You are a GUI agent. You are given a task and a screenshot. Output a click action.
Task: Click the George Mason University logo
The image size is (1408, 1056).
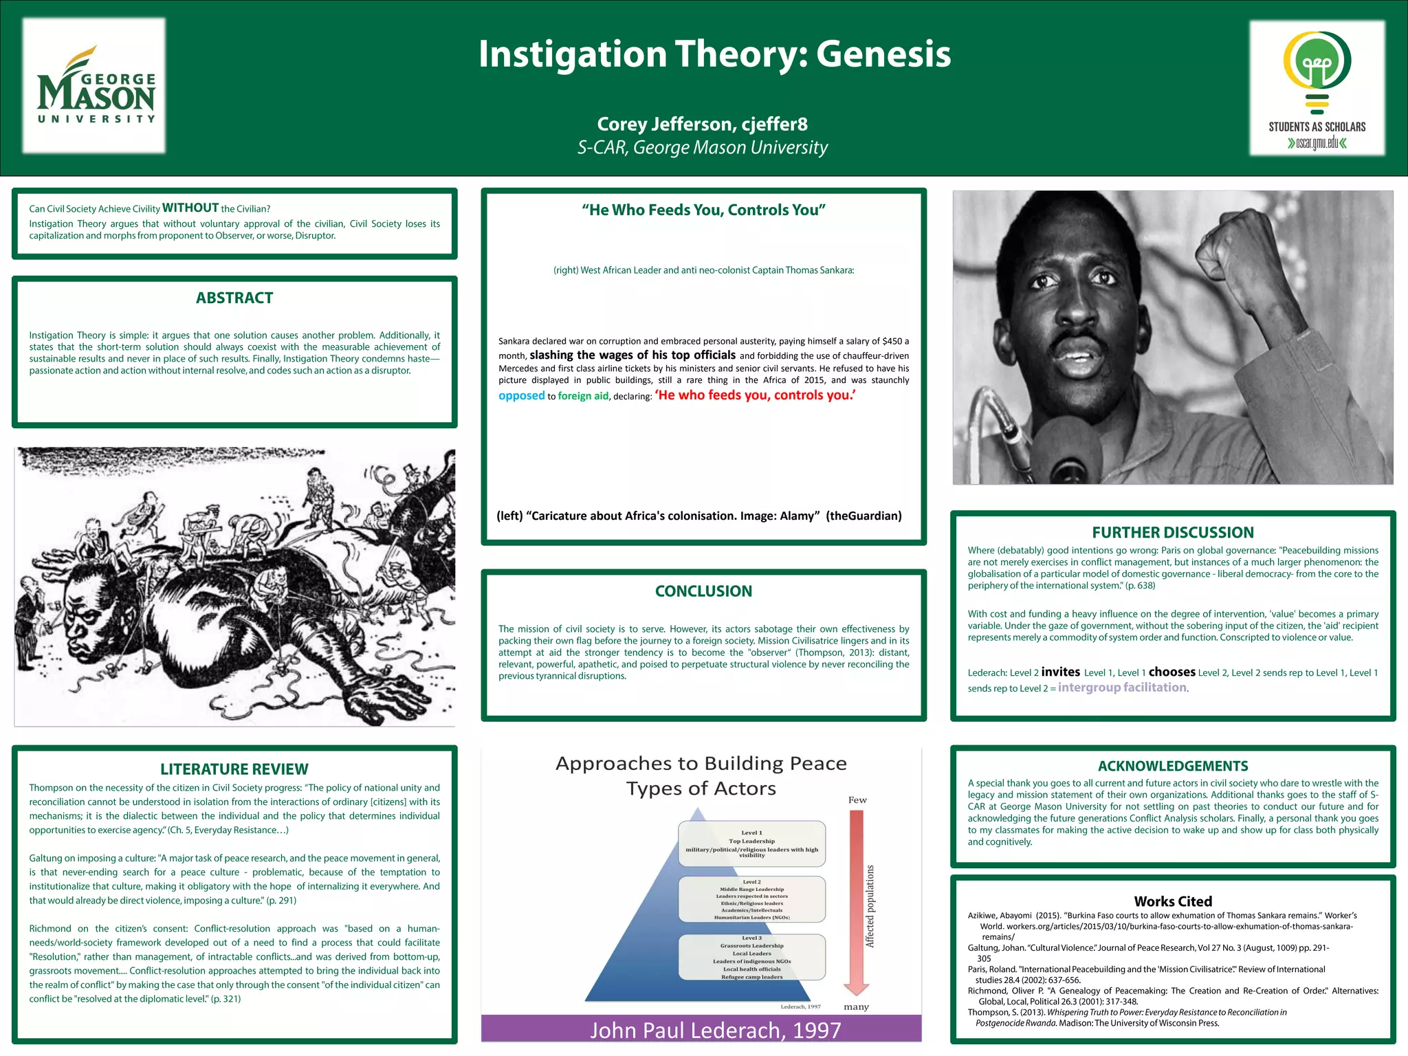coord(95,85)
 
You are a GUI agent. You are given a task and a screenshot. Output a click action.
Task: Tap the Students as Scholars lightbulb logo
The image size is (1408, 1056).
coord(1317,76)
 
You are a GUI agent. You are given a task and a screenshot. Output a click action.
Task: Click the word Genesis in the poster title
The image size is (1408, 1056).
coord(883,54)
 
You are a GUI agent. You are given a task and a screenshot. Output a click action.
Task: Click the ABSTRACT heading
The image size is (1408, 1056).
coord(234,298)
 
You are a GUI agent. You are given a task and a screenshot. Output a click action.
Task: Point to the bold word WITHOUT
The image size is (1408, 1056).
coord(190,208)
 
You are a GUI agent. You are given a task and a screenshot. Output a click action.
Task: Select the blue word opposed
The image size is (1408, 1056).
coord(521,395)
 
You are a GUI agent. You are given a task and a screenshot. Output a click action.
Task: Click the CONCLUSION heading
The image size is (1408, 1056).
coord(703,591)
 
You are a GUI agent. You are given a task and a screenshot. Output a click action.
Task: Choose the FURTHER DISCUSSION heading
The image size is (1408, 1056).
coord(1173,532)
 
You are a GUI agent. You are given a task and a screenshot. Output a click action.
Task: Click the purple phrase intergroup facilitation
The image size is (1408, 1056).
coord(1122,687)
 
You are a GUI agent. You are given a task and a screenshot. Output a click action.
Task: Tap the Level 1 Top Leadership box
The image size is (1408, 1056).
coord(751,843)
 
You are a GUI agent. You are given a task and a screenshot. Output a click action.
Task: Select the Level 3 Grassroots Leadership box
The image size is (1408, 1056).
coord(751,957)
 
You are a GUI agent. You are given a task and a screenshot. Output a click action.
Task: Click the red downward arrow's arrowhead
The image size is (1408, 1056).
coord(856,989)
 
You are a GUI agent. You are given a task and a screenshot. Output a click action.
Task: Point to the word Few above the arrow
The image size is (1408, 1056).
coord(857,800)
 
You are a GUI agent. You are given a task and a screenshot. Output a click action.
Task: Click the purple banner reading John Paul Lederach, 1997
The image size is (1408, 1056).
coord(701,1029)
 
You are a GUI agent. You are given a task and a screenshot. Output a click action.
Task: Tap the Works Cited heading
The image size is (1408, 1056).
coord(1173,901)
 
